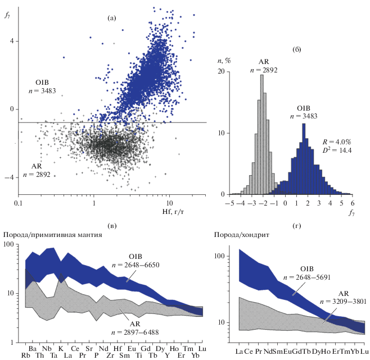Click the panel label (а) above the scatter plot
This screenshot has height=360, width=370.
click(x=111, y=19)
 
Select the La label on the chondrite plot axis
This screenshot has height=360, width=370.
click(x=240, y=352)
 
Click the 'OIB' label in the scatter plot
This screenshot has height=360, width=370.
click(x=42, y=83)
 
